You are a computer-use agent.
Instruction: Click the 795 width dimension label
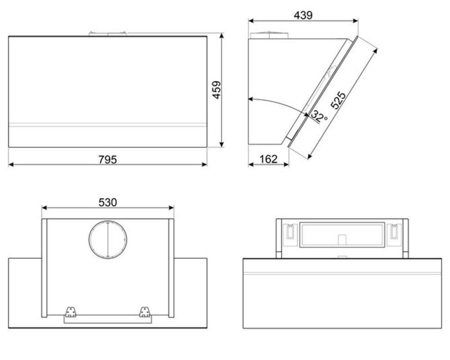[108, 159]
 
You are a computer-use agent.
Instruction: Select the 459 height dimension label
[217, 90]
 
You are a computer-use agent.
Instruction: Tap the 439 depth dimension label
[303, 15]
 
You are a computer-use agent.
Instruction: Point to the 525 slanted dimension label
[338, 100]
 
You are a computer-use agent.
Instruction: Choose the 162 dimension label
[268, 159]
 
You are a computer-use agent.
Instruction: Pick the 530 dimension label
[108, 202]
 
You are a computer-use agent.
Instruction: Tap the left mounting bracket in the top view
[71, 312]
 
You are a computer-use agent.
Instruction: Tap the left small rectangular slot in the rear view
[290, 231]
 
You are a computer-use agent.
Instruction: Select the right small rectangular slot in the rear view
[395, 231]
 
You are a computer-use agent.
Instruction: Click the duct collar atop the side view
[269, 35]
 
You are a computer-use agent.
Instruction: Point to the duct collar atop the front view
[108, 34]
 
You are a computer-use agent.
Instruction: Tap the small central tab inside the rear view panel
[342, 240]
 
